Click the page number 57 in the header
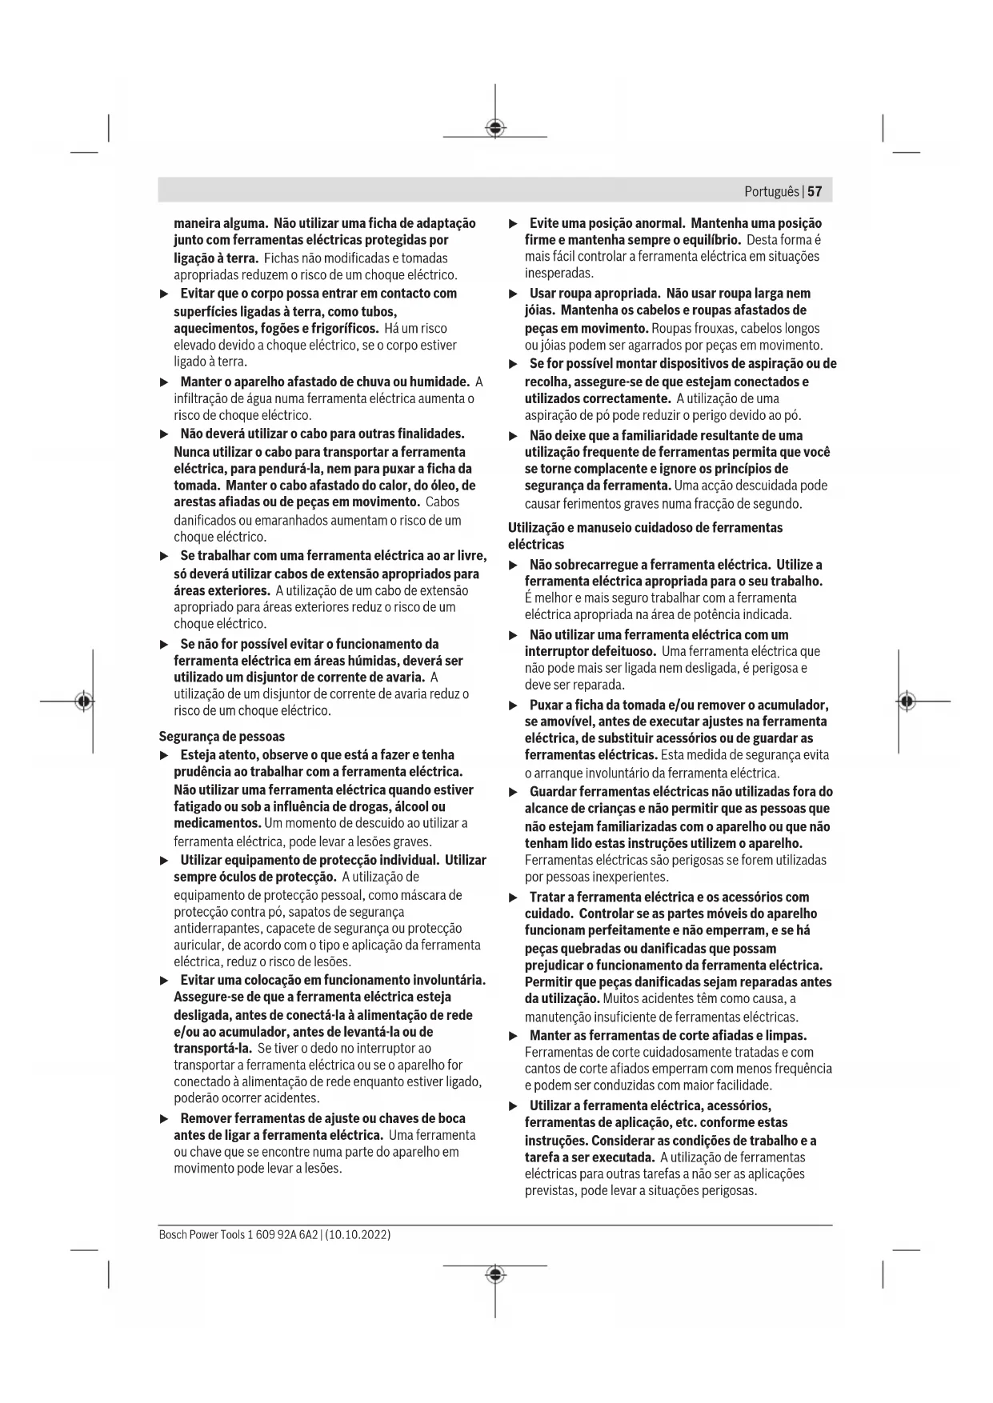815,192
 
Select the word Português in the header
771,192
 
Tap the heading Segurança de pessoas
222,737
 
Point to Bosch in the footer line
172,1235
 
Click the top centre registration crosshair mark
495,128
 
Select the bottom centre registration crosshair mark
495,1273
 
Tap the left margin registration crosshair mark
84,701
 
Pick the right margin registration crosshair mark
906,701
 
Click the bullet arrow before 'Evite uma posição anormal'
514,224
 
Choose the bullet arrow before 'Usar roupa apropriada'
514,294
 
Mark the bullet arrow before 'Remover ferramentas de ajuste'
164,1119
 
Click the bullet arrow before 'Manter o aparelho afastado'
164,382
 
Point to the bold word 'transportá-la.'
213,1049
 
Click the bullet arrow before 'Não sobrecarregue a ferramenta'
514,566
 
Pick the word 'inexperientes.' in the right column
631,877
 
